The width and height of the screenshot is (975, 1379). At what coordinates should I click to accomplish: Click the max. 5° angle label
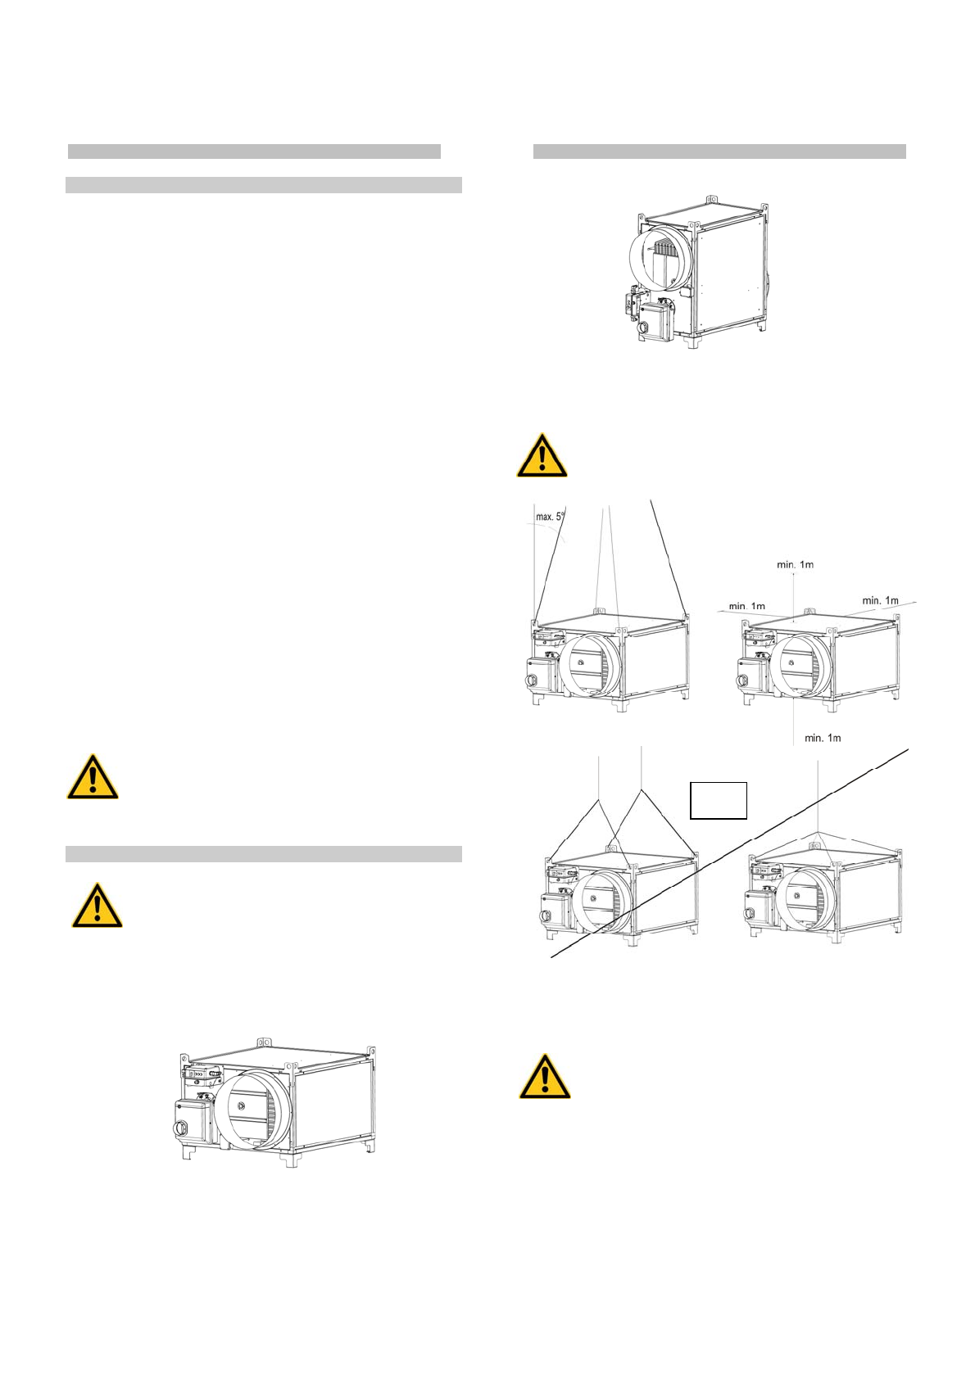tap(551, 517)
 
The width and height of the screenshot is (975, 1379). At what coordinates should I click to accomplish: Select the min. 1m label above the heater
tap(795, 564)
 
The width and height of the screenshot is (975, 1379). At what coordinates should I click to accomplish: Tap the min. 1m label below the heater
tap(822, 738)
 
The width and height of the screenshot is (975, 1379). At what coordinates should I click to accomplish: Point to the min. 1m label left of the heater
tap(746, 606)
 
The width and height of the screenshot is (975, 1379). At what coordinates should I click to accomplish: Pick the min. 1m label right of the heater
tap(880, 600)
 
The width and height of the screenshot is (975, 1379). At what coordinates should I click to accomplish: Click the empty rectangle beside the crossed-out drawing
tap(718, 800)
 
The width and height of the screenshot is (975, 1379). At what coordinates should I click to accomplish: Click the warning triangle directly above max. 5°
tap(542, 455)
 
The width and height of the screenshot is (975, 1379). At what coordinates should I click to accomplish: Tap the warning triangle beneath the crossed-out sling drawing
tap(544, 1076)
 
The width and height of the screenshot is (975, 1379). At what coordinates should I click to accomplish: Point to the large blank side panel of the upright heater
tap(729, 274)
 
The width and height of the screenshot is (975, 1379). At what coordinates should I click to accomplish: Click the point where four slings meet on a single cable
tap(819, 833)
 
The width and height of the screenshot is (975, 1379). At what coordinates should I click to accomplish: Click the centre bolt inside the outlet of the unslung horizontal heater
tap(241, 1105)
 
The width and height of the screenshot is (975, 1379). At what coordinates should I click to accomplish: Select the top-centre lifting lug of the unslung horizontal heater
tap(263, 1042)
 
